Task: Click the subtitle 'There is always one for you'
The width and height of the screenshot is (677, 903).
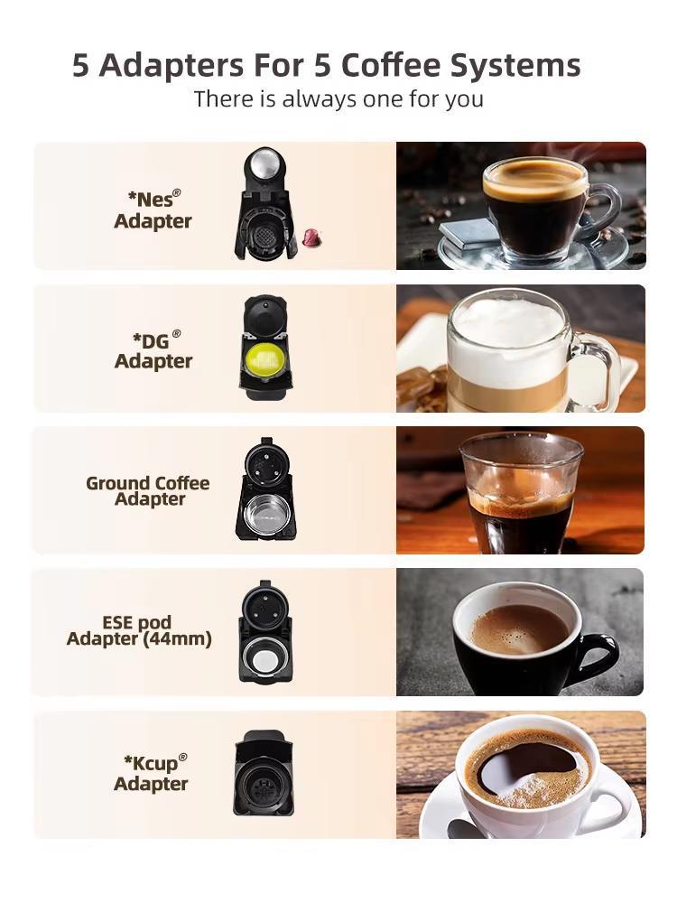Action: pos(338,98)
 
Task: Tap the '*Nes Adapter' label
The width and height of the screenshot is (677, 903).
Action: pos(153,209)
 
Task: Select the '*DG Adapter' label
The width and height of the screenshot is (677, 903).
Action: pos(153,350)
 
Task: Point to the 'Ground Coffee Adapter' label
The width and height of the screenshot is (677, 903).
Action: pos(148,490)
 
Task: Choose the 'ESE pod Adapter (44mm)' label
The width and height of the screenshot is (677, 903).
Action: pos(139,631)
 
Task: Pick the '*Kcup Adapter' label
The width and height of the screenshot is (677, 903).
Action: pos(153,773)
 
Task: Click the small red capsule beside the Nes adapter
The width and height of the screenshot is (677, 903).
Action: pos(311,237)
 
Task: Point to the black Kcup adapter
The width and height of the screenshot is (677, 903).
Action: pos(264,774)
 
